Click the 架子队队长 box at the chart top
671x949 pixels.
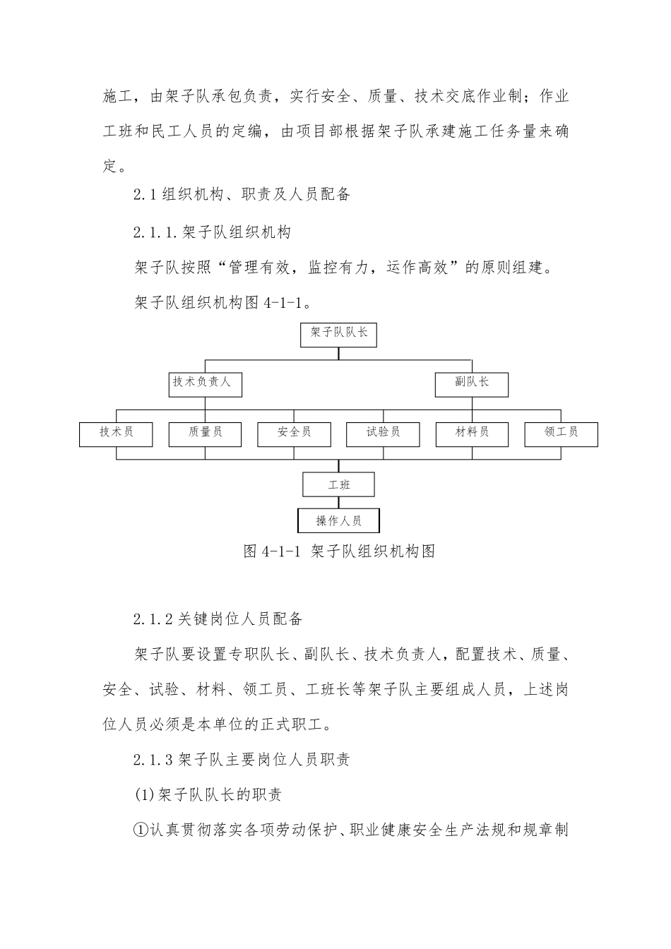point(338,334)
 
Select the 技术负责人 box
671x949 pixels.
point(205,383)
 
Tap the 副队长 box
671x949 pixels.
point(471,383)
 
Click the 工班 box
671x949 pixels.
point(338,485)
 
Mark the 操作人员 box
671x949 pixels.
point(338,521)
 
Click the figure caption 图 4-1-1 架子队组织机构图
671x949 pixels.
point(338,551)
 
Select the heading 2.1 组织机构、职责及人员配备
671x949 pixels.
point(242,195)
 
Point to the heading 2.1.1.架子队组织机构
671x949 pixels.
point(212,232)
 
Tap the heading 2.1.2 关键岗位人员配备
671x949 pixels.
point(218,619)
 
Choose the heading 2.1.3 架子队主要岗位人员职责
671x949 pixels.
point(241,760)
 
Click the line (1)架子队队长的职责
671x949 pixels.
point(208,795)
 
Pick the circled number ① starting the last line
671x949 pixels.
point(140,829)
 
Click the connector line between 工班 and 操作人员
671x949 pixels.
point(338,503)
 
